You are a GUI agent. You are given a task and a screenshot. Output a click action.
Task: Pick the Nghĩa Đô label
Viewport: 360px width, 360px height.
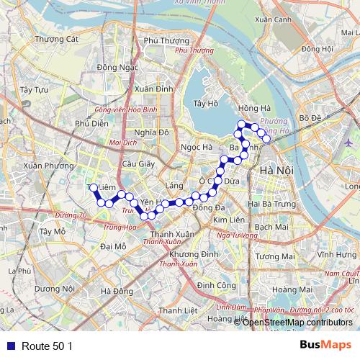coord(151,132)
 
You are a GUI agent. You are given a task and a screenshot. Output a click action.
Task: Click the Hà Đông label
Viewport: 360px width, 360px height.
coord(117,291)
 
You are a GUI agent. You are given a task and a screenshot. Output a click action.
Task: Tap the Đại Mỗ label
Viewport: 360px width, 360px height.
coord(113,246)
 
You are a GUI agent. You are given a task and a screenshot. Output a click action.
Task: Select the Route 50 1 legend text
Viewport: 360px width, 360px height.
coord(47,346)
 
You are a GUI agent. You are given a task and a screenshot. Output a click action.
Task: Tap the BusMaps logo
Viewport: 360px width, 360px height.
coord(325,345)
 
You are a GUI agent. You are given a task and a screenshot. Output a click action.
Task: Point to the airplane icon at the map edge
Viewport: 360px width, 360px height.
coord(349,142)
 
